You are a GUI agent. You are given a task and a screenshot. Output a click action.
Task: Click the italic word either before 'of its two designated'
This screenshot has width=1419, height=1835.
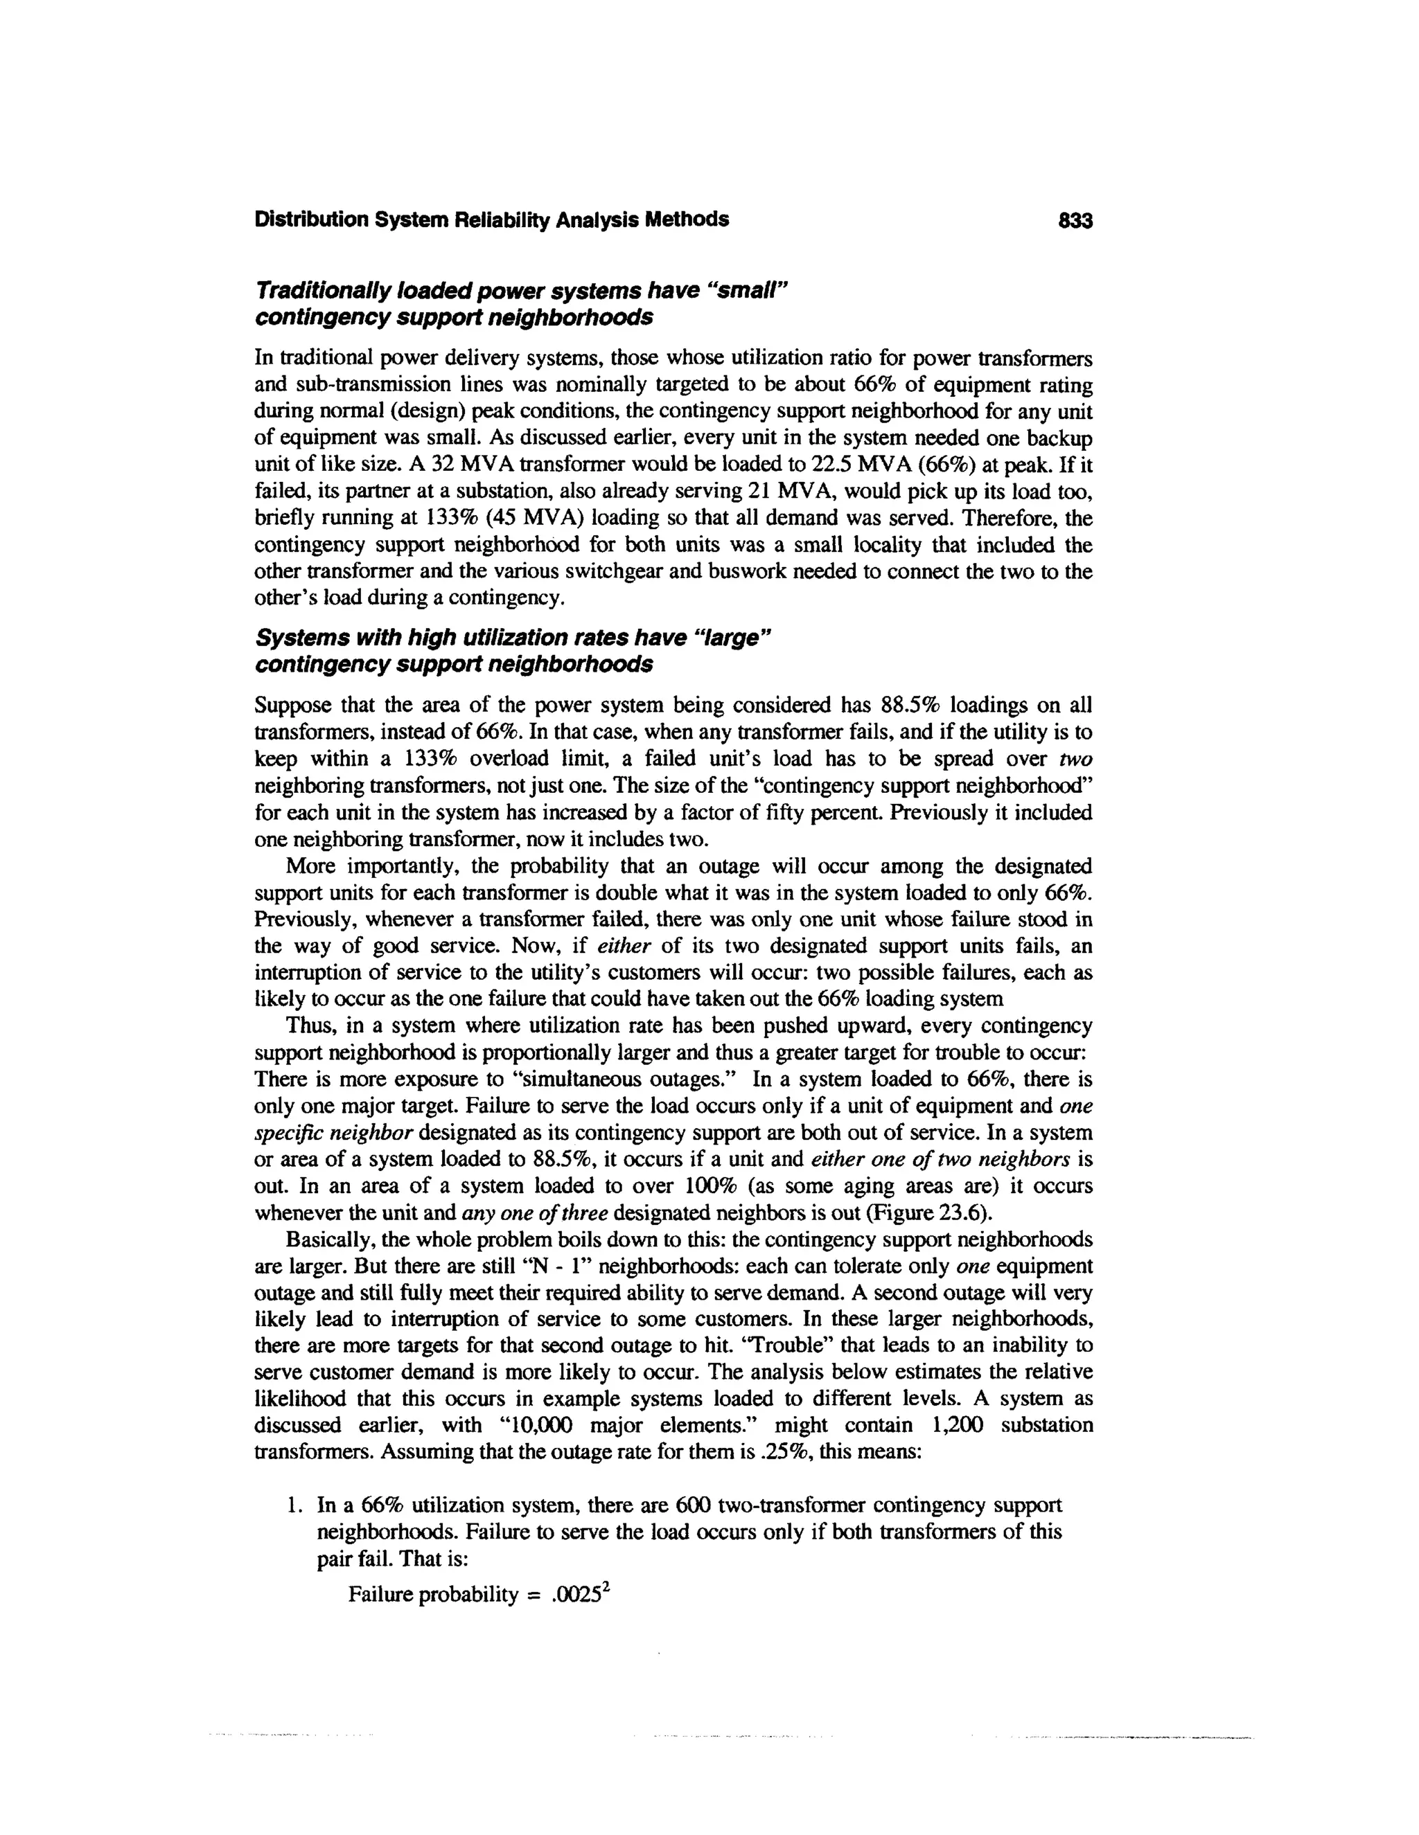(x=624, y=947)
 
